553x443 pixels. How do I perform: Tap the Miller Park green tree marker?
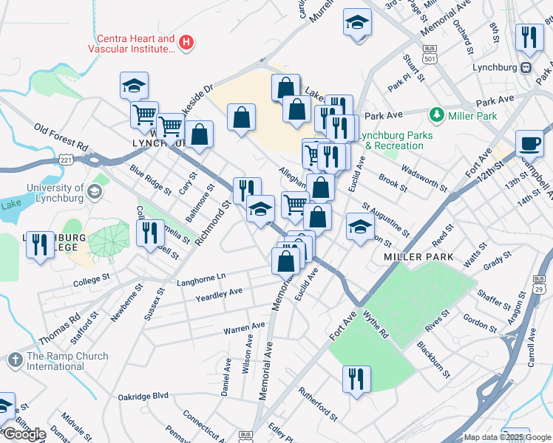coord(437,116)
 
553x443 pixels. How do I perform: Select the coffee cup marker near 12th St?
coord(528,143)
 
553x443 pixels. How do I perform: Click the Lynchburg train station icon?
coord(526,67)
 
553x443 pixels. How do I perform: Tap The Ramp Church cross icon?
coord(15,360)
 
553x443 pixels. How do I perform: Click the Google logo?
coord(24,434)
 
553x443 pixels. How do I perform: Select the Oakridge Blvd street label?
coord(143,396)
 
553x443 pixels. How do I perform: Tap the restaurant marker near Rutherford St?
coord(356,380)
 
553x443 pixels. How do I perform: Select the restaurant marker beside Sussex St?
coord(151,233)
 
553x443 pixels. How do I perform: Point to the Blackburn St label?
coord(432,357)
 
